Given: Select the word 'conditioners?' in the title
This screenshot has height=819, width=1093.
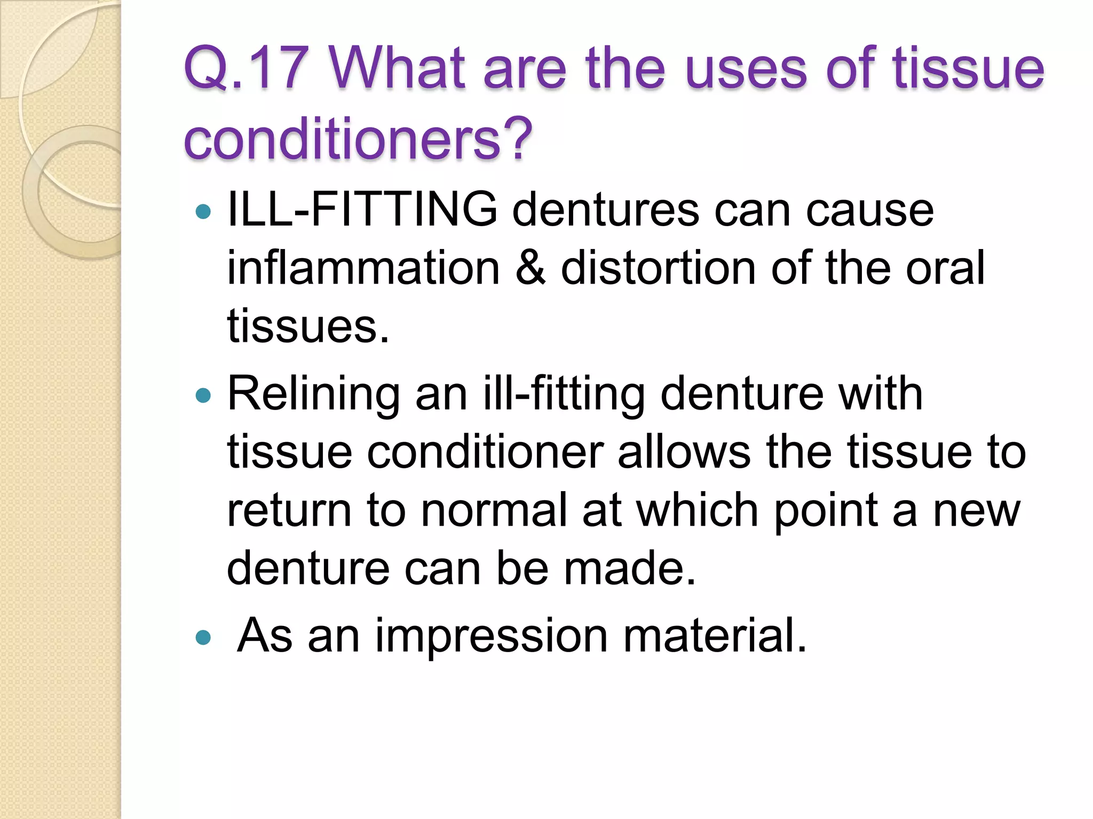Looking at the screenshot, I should pyautogui.click(x=358, y=139).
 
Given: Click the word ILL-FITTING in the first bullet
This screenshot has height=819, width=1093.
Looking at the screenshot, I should pyautogui.click(x=362, y=210).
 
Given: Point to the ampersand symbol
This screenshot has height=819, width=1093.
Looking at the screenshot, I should pyautogui.click(x=530, y=268).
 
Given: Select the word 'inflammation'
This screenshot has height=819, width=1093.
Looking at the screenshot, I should pyautogui.click(x=363, y=268).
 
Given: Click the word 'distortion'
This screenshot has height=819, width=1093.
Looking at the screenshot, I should pyautogui.click(x=658, y=268).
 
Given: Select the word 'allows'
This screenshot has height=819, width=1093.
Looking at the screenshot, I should pyautogui.click(x=684, y=452).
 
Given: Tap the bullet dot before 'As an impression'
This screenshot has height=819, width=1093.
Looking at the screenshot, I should pyautogui.click(x=203, y=637).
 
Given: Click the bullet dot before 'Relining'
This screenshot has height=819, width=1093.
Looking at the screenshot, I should pyautogui.click(x=203, y=395).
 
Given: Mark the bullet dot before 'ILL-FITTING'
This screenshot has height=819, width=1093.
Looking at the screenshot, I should pyautogui.click(x=203, y=212).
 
